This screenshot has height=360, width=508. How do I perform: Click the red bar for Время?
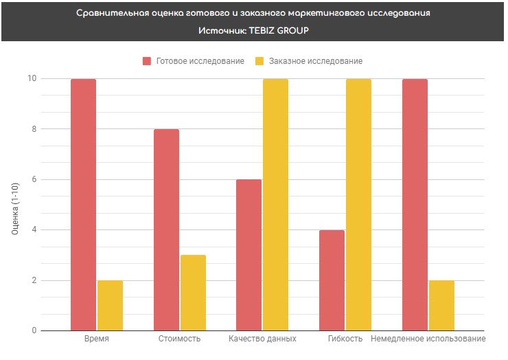tap(83, 205)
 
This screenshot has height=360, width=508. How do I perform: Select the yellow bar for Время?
tap(110, 306)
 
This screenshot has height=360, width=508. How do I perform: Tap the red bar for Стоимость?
tap(166, 230)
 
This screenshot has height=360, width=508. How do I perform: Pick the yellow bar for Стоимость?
tap(193, 293)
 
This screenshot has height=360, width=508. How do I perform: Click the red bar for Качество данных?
tap(249, 256)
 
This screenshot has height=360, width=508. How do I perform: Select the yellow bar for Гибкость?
tap(358, 205)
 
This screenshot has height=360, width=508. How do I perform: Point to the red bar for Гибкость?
tap(332, 280)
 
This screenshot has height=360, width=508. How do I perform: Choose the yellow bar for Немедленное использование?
tap(441, 306)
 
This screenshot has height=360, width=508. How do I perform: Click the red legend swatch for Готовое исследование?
tap(147, 61)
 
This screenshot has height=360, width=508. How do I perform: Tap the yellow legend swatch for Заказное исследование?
tap(259, 61)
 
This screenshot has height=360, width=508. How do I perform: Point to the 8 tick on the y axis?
tap(34, 128)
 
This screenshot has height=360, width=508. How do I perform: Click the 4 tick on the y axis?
tap(34, 229)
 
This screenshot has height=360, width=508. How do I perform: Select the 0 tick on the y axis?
tap(34, 330)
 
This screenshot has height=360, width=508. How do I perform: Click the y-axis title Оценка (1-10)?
tap(15, 209)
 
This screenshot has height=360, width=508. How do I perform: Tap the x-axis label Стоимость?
tap(179, 339)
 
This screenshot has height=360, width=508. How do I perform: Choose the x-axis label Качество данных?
tap(262, 339)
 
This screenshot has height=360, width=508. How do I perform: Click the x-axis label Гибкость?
tap(345, 339)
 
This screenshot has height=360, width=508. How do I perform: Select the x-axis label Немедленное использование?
tap(428, 339)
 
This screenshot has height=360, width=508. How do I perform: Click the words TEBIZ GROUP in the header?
tap(279, 30)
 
